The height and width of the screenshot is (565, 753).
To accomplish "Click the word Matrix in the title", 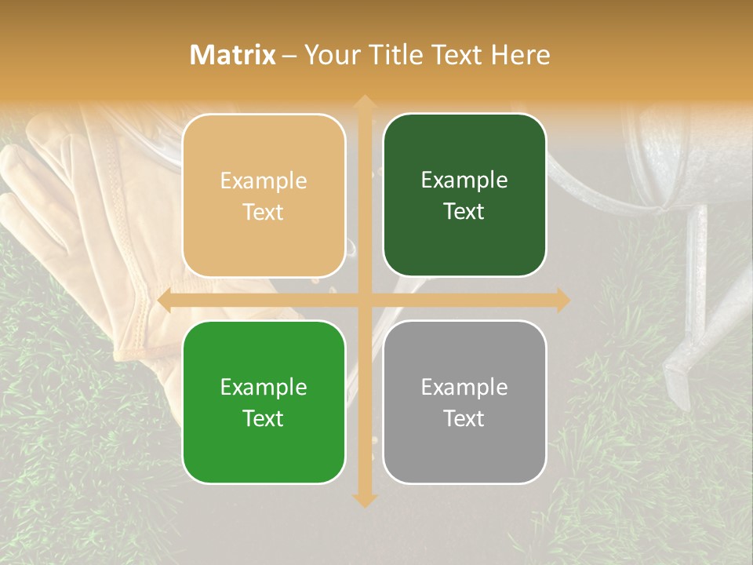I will (233, 55).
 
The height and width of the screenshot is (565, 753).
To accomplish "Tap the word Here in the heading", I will (520, 55).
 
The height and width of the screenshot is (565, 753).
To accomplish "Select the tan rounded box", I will (264, 195).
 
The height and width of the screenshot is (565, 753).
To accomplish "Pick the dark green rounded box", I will (464, 195).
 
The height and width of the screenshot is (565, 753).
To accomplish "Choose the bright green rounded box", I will (264, 402).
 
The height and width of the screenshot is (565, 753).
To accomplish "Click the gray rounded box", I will (464, 402).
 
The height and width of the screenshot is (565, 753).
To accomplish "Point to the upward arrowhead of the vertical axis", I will (364, 103).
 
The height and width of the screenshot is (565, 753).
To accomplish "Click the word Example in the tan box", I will (264, 181).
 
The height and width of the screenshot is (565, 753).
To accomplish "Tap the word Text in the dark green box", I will (464, 211).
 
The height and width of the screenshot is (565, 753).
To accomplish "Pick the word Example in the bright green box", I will (264, 387).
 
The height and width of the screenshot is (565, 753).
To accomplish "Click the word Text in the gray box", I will (464, 418).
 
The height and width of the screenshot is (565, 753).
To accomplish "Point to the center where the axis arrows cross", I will (364, 301).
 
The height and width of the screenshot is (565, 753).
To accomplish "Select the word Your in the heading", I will (329, 55).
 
